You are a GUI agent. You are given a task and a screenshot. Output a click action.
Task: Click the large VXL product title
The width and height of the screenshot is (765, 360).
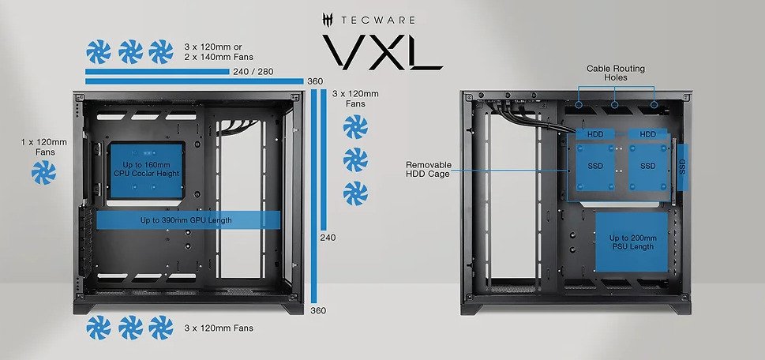tap(382, 50)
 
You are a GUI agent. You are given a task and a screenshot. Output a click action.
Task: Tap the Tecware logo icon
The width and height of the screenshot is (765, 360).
tap(328, 20)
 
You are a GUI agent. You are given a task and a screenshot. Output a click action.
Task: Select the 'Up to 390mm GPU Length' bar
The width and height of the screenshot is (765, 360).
tap(189, 220)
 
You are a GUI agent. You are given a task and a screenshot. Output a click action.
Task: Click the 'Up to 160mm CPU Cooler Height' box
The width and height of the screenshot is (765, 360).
tap(146, 171)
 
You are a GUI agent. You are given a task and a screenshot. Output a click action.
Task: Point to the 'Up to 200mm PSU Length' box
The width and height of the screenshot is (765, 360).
tap(632, 242)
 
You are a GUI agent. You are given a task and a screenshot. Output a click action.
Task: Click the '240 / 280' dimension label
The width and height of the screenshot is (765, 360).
tap(253, 72)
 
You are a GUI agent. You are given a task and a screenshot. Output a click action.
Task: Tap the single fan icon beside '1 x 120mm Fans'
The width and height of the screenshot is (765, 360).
tap(44, 173)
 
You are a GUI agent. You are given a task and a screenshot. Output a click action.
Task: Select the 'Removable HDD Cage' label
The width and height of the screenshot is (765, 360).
tap(429, 169)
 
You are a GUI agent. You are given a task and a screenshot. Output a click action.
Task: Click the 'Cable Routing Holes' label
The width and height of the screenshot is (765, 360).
tap(616, 73)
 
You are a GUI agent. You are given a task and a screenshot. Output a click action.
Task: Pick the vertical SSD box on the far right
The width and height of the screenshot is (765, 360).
tap(683, 167)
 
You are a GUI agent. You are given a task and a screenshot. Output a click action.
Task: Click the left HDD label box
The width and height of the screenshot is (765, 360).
tap(595, 134)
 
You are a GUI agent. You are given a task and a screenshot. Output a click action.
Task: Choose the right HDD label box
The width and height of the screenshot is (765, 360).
tap(648, 134)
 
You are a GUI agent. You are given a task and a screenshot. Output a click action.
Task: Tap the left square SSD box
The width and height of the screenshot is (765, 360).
tap(595, 167)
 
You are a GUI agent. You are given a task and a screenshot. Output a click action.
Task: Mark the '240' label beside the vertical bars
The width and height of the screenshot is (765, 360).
tap(328, 238)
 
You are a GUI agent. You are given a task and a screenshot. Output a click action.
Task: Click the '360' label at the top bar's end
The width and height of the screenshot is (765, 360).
tap(315, 81)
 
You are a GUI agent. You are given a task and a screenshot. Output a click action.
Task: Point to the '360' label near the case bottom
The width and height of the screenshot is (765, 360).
tap(318, 310)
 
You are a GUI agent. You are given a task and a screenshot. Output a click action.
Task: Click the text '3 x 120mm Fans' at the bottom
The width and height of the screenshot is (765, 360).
tap(219, 328)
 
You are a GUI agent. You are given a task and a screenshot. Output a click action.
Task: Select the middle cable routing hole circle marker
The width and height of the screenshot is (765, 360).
tap(615, 104)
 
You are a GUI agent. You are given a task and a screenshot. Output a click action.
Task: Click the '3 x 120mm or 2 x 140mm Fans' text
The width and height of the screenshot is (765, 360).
tap(219, 51)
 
